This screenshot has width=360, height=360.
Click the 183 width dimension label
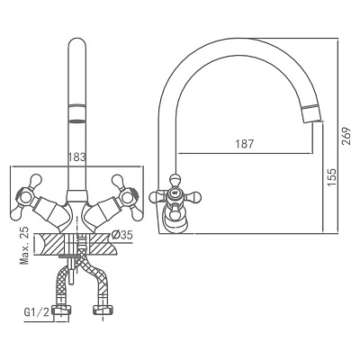coord(76,157)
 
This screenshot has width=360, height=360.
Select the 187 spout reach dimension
coord(244,144)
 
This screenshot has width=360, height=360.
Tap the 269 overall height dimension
coord(346,136)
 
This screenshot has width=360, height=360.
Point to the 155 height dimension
coord(332,177)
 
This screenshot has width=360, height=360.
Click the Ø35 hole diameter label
coord(121,235)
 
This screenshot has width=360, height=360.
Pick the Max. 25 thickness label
coord(25,246)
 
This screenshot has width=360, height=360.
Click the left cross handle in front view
coord(26,197)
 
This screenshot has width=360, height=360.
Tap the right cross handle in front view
coord(125,197)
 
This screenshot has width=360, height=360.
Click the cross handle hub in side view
coord(175,195)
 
